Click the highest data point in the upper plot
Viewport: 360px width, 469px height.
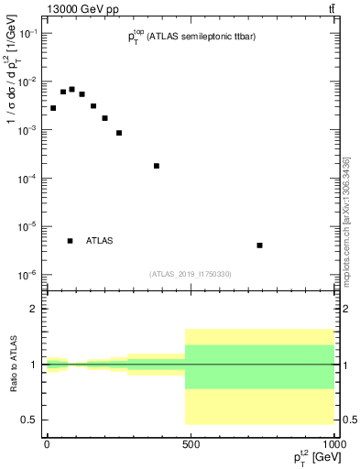(x=71, y=89)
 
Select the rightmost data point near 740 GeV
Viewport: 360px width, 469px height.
(x=260, y=245)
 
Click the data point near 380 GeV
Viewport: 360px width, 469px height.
(x=157, y=166)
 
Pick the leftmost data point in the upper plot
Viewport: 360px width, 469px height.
(x=53, y=108)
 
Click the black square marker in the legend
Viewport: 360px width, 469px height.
(x=71, y=241)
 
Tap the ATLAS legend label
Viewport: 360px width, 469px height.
(x=99, y=241)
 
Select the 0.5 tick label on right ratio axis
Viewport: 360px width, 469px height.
(x=349, y=420)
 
